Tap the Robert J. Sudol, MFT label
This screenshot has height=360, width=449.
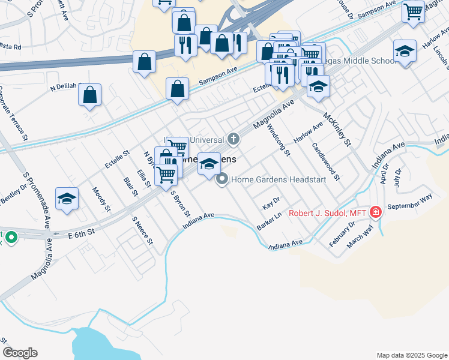328,212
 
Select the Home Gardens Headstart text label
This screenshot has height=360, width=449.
270,179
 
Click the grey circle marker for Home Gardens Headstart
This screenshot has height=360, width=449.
223,179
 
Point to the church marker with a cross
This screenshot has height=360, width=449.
233,139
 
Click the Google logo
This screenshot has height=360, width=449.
20,353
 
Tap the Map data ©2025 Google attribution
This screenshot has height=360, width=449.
411,355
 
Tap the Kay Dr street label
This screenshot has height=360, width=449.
271,203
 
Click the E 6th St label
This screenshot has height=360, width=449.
82,231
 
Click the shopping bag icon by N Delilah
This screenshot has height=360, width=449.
89,95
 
